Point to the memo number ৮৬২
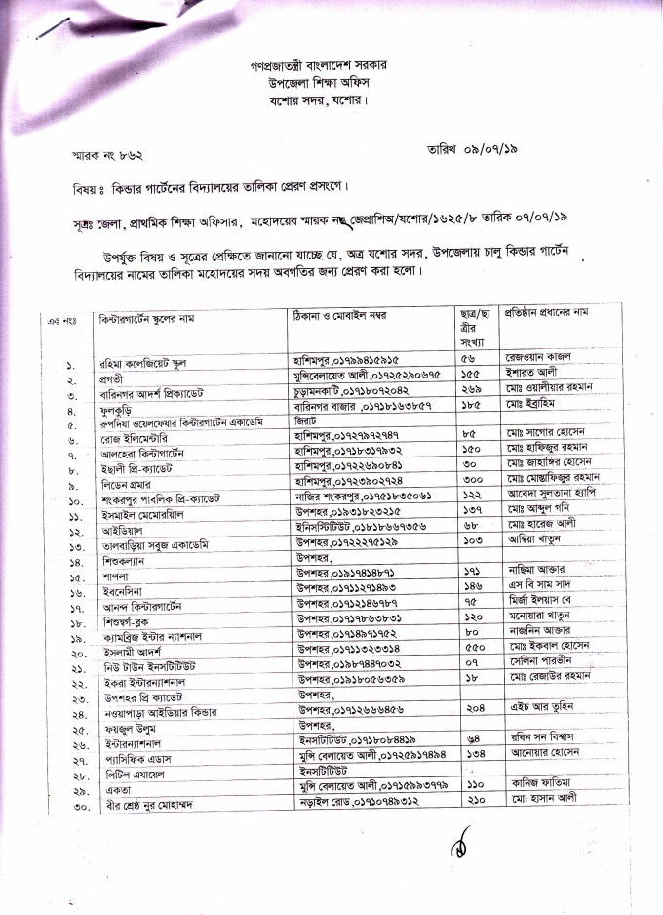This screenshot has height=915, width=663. pyautogui.click(x=142, y=154)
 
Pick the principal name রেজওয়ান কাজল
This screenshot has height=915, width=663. pyautogui.click(x=541, y=358)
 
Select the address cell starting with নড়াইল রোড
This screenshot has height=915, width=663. pyautogui.click(x=364, y=770)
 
